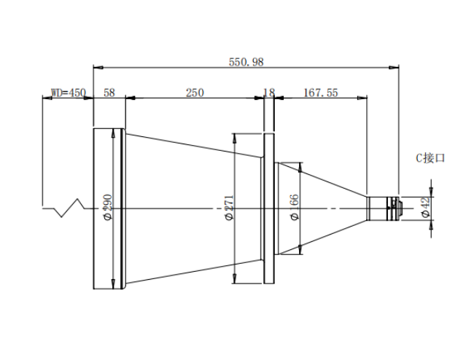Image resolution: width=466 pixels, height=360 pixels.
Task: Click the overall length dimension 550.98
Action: click(x=246, y=62)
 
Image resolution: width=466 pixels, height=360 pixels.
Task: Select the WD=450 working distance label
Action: click(x=69, y=93)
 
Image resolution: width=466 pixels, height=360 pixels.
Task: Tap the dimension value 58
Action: click(x=109, y=93)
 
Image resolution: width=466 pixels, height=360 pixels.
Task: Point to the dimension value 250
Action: click(x=195, y=93)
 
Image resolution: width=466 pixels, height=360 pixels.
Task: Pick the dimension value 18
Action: click(x=269, y=93)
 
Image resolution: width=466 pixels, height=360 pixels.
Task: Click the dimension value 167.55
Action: click(x=321, y=93)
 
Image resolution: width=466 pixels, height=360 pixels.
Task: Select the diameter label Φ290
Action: click(x=108, y=207)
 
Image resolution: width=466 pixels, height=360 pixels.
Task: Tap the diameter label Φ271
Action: click(x=230, y=207)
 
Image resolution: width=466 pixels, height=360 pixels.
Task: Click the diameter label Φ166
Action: click(x=294, y=207)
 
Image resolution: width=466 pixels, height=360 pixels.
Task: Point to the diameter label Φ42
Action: click(x=426, y=207)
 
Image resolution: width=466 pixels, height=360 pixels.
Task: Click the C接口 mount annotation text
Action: click(x=430, y=158)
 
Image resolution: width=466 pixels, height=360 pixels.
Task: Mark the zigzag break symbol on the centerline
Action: click(x=69, y=208)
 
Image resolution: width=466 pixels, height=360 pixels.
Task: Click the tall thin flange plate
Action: click(x=269, y=208)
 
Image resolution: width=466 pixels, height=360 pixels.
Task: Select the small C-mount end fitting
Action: click(x=384, y=208)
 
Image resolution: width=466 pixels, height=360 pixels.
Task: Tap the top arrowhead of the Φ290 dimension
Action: click(x=113, y=133)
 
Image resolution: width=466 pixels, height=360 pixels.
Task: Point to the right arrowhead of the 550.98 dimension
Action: click(x=395, y=68)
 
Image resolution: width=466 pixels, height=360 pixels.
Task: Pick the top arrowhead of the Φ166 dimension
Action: click(x=300, y=167)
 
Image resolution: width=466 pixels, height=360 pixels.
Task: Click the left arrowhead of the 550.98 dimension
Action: click(x=98, y=68)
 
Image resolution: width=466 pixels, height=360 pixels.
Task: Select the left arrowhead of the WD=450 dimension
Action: click(x=47, y=98)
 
